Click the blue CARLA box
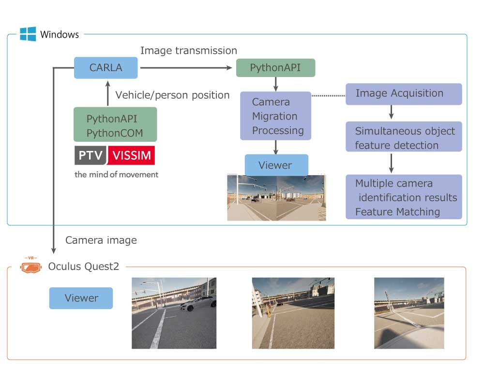pos(106,68)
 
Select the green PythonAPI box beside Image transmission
pos(275,68)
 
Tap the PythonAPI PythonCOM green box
pos(115,125)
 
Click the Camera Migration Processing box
pos(275,116)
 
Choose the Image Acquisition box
pos(404,94)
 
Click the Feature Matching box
pos(404,197)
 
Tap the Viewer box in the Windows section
pos(276,165)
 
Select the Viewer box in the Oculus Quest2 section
pos(81,298)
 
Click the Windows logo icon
pos(28,34)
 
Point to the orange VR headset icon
pos(31,266)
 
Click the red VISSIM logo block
pos(131,156)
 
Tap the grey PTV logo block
pos(90,156)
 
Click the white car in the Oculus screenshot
pos(199,303)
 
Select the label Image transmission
pos(188,51)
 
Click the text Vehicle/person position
pos(172,95)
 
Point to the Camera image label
pos(101,240)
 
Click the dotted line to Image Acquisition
pos(328,95)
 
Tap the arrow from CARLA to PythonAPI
pos(186,68)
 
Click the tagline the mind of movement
pos(116,174)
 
